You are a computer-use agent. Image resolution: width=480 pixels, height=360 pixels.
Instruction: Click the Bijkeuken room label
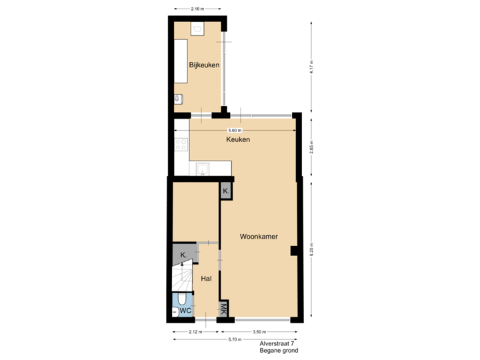pos(204,65)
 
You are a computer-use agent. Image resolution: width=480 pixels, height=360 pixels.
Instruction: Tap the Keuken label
pos(238,140)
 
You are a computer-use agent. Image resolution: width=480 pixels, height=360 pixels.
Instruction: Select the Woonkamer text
pos(259,237)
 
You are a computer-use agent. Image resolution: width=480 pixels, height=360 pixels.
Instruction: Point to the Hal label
pos(206,278)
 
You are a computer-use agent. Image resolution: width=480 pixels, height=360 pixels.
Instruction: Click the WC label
pos(187,310)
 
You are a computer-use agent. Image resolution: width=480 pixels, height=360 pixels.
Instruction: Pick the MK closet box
pos(224,309)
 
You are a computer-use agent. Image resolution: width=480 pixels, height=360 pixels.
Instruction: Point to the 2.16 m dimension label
pos(197,9)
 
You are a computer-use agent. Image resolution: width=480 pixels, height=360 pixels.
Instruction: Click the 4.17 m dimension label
pos(311,67)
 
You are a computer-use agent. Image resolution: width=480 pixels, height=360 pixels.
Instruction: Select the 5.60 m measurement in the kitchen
pos(235,130)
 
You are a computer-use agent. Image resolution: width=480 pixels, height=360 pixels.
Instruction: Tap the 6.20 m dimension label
pos(311,251)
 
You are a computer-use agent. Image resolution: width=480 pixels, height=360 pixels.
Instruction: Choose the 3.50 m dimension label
pos(259,331)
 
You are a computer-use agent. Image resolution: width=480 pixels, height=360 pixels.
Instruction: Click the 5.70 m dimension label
pos(235,340)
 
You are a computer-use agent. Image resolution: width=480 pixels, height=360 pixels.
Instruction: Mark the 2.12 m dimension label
pos(195,331)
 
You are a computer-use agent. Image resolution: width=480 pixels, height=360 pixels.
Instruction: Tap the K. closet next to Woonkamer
pos(227,191)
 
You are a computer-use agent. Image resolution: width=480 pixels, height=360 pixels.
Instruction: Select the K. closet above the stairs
pos(183,254)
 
